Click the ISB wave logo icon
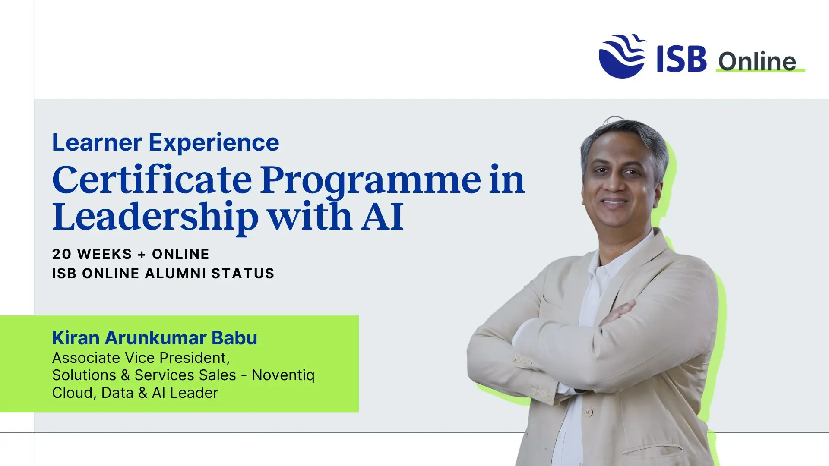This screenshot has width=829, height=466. (x=622, y=56)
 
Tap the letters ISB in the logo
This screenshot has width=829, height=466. (x=681, y=59)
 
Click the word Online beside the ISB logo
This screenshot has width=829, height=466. (x=757, y=61)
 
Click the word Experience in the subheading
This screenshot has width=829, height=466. (x=214, y=142)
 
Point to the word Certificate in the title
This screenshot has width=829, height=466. (x=152, y=179)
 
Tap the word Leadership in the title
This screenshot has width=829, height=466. (x=155, y=217)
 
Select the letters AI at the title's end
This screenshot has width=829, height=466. (x=382, y=217)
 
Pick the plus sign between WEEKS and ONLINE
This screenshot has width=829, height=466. (x=142, y=255)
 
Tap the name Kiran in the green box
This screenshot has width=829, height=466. (x=76, y=338)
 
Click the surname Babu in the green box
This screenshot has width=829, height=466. (x=234, y=338)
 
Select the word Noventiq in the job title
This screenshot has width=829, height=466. (x=283, y=375)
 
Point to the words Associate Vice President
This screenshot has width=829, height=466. (x=140, y=358)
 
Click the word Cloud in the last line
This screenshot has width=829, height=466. (x=72, y=393)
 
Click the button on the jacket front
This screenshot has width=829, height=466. (x=588, y=412)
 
